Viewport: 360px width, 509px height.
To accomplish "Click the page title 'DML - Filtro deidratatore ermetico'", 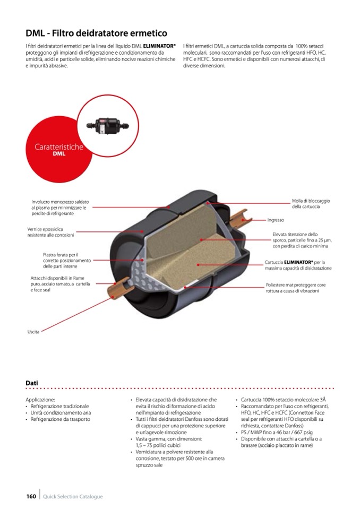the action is pyautogui.click(x=97, y=33).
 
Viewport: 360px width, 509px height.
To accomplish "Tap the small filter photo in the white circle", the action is pyautogui.click(x=107, y=126).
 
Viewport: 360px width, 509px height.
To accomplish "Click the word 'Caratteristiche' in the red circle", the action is pyautogui.click(x=59, y=146).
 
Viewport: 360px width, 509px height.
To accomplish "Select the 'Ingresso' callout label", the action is pyautogui.click(x=276, y=220).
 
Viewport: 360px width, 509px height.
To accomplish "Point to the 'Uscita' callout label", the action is pyautogui.click(x=33, y=332).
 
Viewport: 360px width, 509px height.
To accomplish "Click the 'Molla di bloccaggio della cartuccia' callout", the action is pyautogui.click(x=311, y=203).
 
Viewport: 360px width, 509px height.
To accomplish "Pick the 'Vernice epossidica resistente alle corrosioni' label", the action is pyautogui.click(x=50, y=232).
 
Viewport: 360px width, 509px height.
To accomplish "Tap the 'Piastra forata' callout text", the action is pyautogui.click(x=67, y=261).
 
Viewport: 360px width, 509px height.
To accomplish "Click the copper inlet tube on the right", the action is pyautogui.click(x=241, y=218).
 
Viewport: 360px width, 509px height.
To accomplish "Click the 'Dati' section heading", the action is pyautogui.click(x=32, y=383).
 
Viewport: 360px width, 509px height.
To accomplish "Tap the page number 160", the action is pyautogui.click(x=31, y=496).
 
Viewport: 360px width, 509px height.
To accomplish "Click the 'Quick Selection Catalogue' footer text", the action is pyautogui.click(x=73, y=496).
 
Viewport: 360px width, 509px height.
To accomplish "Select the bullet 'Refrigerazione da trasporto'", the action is pyautogui.click(x=61, y=419).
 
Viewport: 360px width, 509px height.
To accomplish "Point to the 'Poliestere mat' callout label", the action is pyautogui.click(x=296, y=288).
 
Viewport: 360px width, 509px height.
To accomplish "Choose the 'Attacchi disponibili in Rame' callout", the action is pyautogui.click(x=60, y=284).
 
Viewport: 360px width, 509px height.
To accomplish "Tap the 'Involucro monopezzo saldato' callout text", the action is pyautogui.click(x=59, y=208).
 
